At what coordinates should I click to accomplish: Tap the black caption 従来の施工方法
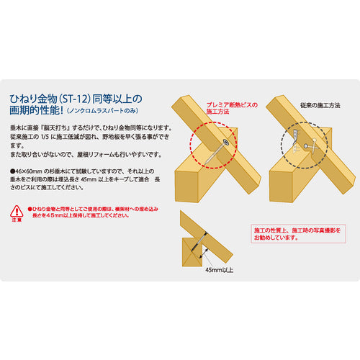[318, 105]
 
